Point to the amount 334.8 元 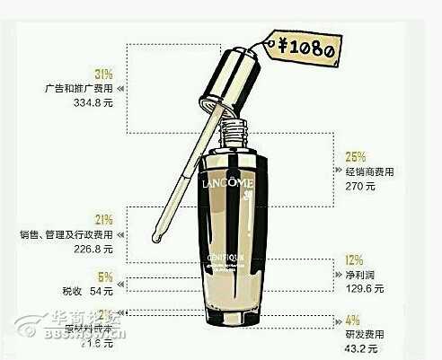92,103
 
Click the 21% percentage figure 103,219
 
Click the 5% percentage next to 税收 104,277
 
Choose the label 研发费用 363,334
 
